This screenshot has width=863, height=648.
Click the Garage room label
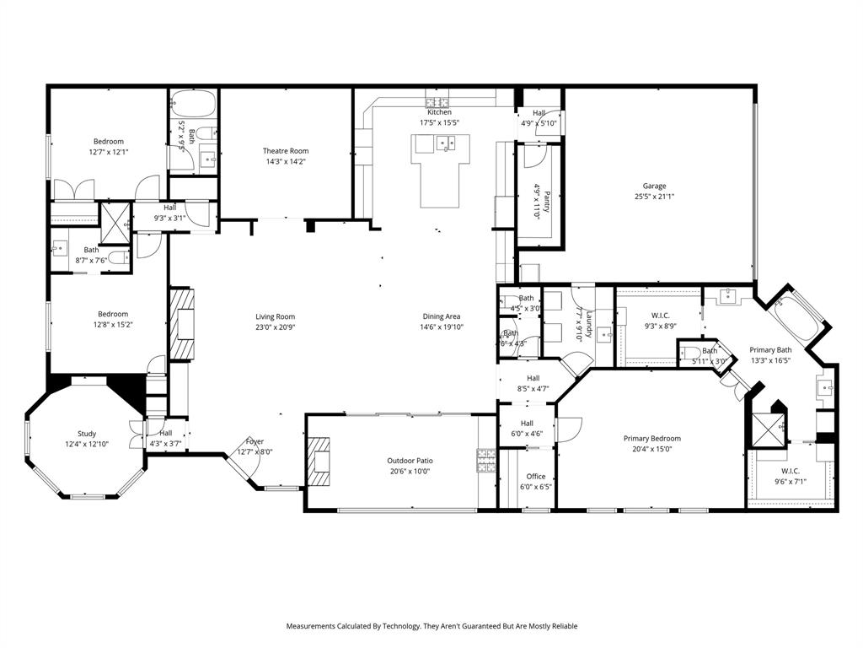[654, 186]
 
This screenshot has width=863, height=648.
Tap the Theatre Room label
[286, 151]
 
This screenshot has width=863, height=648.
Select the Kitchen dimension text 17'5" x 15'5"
[439, 122]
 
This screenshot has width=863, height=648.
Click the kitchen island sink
[447, 143]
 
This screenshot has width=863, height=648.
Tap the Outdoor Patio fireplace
[319, 462]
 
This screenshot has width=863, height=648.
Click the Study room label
[87, 434]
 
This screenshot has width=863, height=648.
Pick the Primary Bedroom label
[651, 439]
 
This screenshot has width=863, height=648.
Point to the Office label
[535, 477]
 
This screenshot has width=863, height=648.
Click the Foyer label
[255, 441]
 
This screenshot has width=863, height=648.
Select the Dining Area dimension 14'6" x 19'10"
[441, 327]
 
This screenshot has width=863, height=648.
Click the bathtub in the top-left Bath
[193, 105]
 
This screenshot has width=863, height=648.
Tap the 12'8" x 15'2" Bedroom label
[112, 314]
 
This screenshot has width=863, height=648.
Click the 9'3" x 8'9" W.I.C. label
[661, 316]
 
